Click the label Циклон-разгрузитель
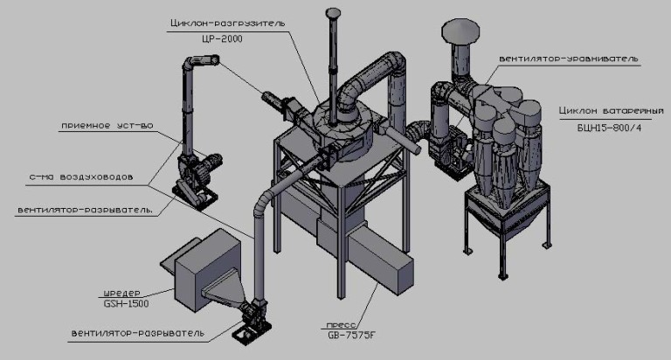click(x=227, y=23)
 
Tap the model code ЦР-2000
click(x=223, y=39)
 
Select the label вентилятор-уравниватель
click(x=568, y=59)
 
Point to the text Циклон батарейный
click(x=611, y=110)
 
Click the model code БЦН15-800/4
click(x=609, y=128)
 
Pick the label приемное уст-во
click(x=107, y=126)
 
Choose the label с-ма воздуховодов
click(x=81, y=177)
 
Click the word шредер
click(x=121, y=294)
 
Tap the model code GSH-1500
click(x=126, y=304)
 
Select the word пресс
click(x=341, y=325)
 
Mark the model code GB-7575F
click(x=351, y=336)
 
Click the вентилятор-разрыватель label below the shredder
click(x=138, y=333)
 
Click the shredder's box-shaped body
click(x=201, y=270)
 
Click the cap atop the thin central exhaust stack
click(x=332, y=13)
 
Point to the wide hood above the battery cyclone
click(x=460, y=31)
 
